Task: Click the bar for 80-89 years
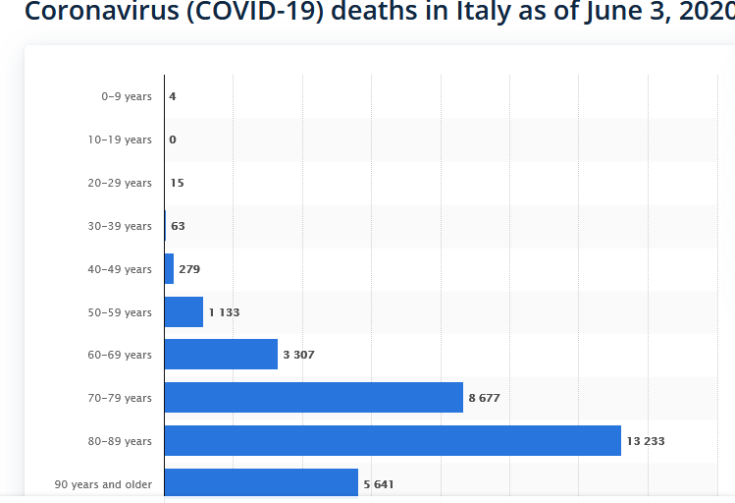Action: (x=393, y=441)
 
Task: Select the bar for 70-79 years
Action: (x=313, y=398)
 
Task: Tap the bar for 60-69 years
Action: (x=221, y=355)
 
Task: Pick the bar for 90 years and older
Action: (x=261, y=483)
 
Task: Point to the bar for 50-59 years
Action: (x=184, y=312)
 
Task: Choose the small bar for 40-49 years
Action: (x=169, y=269)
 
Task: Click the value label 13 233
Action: (x=646, y=441)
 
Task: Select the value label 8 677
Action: (x=485, y=398)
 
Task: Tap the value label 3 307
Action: (x=298, y=355)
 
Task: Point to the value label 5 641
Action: (x=379, y=484)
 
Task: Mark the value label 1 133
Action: (x=224, y=312)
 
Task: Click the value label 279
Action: (x=189, y=269)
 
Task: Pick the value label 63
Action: (x=178, y=226)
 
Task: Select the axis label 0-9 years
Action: (x=127, y=96)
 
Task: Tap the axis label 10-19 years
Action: (x=120, y=140)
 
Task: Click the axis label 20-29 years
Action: (x=120, y=183)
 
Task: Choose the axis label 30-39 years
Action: (x=120, y=226)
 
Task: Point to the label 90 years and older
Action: (x=103, y=484)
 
